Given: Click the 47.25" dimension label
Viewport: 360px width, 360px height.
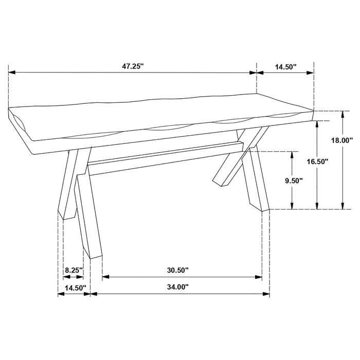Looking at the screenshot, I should [x=133, y=66].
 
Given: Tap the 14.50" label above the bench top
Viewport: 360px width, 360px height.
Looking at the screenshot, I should [x=286, y=66].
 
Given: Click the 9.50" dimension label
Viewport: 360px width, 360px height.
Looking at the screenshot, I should [x=292, y=181].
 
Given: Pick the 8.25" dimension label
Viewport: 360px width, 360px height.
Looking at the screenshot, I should [x=74, y=270].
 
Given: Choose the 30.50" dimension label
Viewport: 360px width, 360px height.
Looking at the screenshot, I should [x=177, y=270].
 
